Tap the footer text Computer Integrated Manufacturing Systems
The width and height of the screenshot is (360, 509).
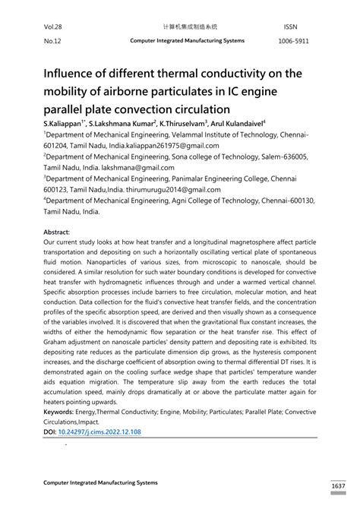[x=100, y=482]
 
